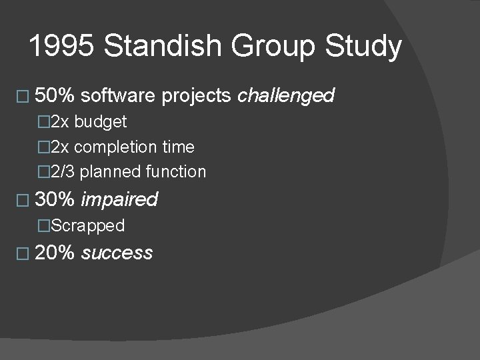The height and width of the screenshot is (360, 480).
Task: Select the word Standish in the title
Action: pyautogui.click(x=159, y=47)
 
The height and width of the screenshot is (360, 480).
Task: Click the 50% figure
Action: pyautogui.click(x=55, y=95)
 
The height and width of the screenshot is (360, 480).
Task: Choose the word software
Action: pyautogui.click(x=119, y=95)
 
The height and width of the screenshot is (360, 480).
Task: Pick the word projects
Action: pyautogui.click(x=198, y=97)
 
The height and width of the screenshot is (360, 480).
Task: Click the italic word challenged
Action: pyautogui.click(x=286, y=96)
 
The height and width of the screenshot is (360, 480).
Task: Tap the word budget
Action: pyautogui.click(x=100, y=122)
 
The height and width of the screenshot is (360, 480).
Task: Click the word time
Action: pyautogui.click(x=178, y=147)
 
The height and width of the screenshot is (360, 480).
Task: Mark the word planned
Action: pyautogui.click(x=110, y=172)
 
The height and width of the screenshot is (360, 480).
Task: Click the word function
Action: pyautogui.click(x=175, y=171)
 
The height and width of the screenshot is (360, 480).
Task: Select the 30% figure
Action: pyautogui.click(x=55, y=199)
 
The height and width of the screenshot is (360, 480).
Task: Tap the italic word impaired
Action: pyautogui.click(x=119, y=199)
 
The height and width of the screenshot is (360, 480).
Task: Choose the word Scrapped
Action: pyautogui.click(x=87, y=226)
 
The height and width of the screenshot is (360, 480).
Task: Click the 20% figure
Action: pyautogui.click(x=55, y=253)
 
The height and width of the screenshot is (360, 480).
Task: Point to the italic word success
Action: pyautogui.click(x=117, y=253)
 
